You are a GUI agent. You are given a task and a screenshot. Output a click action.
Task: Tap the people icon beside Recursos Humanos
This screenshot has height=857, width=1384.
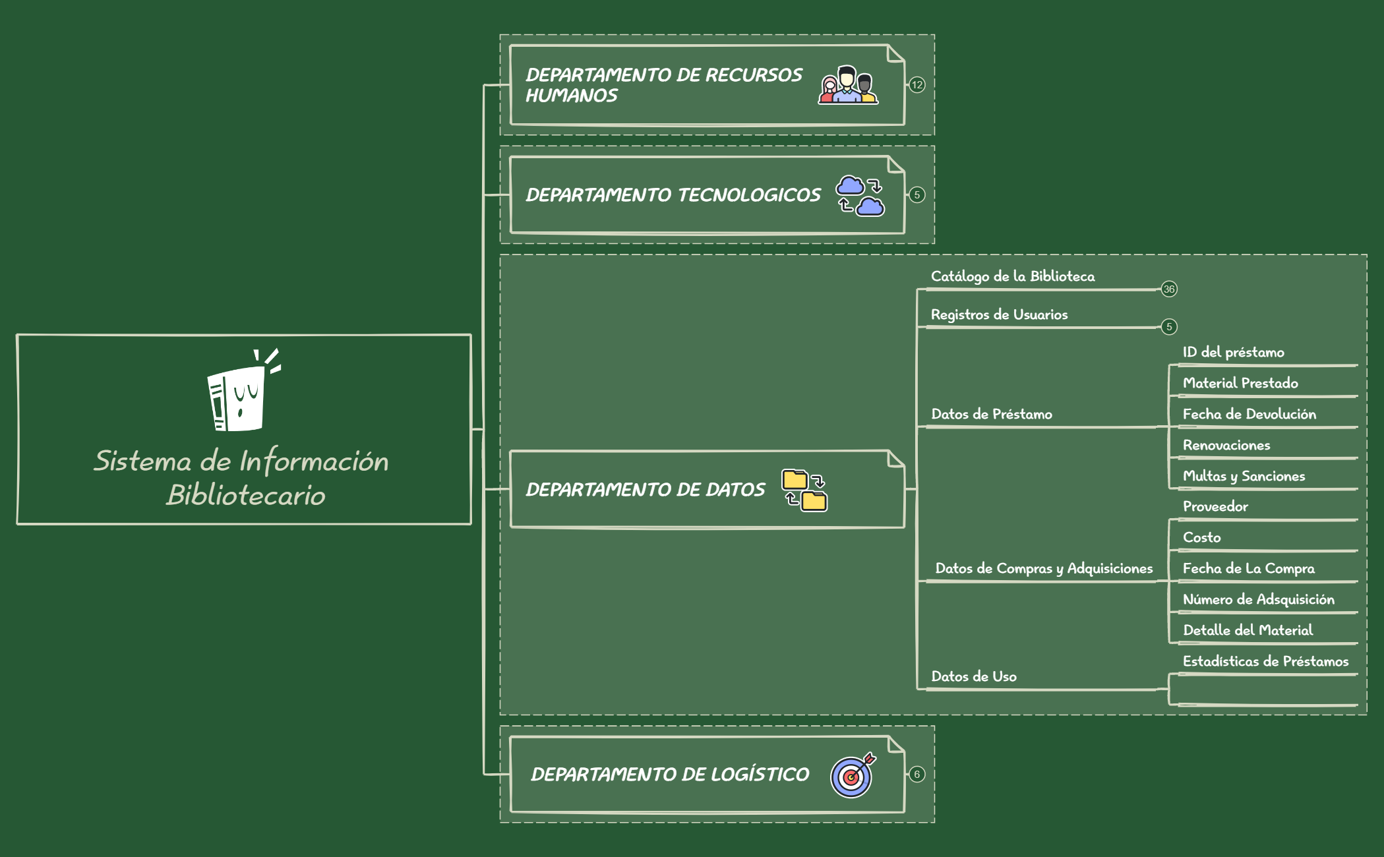(x=847, y=86)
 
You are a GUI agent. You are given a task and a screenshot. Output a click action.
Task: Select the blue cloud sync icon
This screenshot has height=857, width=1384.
(x=860, y=196)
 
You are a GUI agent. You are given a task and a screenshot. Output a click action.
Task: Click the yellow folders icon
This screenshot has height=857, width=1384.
(x=804, y=490)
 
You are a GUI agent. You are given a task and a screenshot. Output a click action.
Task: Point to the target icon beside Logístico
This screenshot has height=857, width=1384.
(x=853, y=775)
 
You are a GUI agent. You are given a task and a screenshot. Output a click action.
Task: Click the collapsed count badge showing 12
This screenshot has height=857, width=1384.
(x=917, y=85)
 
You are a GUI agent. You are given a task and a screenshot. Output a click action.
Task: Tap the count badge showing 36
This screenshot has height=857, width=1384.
(x=1169, y=289)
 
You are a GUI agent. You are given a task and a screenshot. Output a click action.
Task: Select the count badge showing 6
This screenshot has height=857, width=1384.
(x=917, y=775)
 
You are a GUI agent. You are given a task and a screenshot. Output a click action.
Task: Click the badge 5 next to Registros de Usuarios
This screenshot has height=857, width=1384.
(x=1169, y=326)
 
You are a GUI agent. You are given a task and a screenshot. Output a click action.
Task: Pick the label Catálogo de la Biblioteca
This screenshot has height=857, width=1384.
(x=1013, y=276)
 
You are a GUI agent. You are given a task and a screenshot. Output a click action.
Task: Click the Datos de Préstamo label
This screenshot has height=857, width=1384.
(x=992, y=414)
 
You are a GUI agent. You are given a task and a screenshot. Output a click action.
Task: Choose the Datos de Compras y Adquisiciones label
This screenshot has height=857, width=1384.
(x=1044, y=568)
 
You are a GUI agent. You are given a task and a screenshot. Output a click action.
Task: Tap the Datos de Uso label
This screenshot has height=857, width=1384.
(x=974, y=676)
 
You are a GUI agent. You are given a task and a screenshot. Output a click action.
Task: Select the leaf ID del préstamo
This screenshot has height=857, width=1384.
(x=1233, y=352)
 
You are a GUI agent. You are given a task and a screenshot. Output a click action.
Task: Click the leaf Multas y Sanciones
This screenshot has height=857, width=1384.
(x=1244, y=476)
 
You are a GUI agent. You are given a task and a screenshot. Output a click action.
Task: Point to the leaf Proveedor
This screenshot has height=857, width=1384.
(x=1215, y=506)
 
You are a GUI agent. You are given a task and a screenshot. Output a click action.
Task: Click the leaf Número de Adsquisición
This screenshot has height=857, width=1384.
(x=1258, y=599)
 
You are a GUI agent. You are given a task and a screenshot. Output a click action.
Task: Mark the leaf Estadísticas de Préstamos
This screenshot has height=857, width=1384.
(x=1265, y=661)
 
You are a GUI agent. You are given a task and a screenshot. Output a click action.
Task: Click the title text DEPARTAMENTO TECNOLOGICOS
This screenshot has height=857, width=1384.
(x=673, y=195)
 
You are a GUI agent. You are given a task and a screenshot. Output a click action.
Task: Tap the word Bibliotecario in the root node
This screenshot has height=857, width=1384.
(x=246, y=495)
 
